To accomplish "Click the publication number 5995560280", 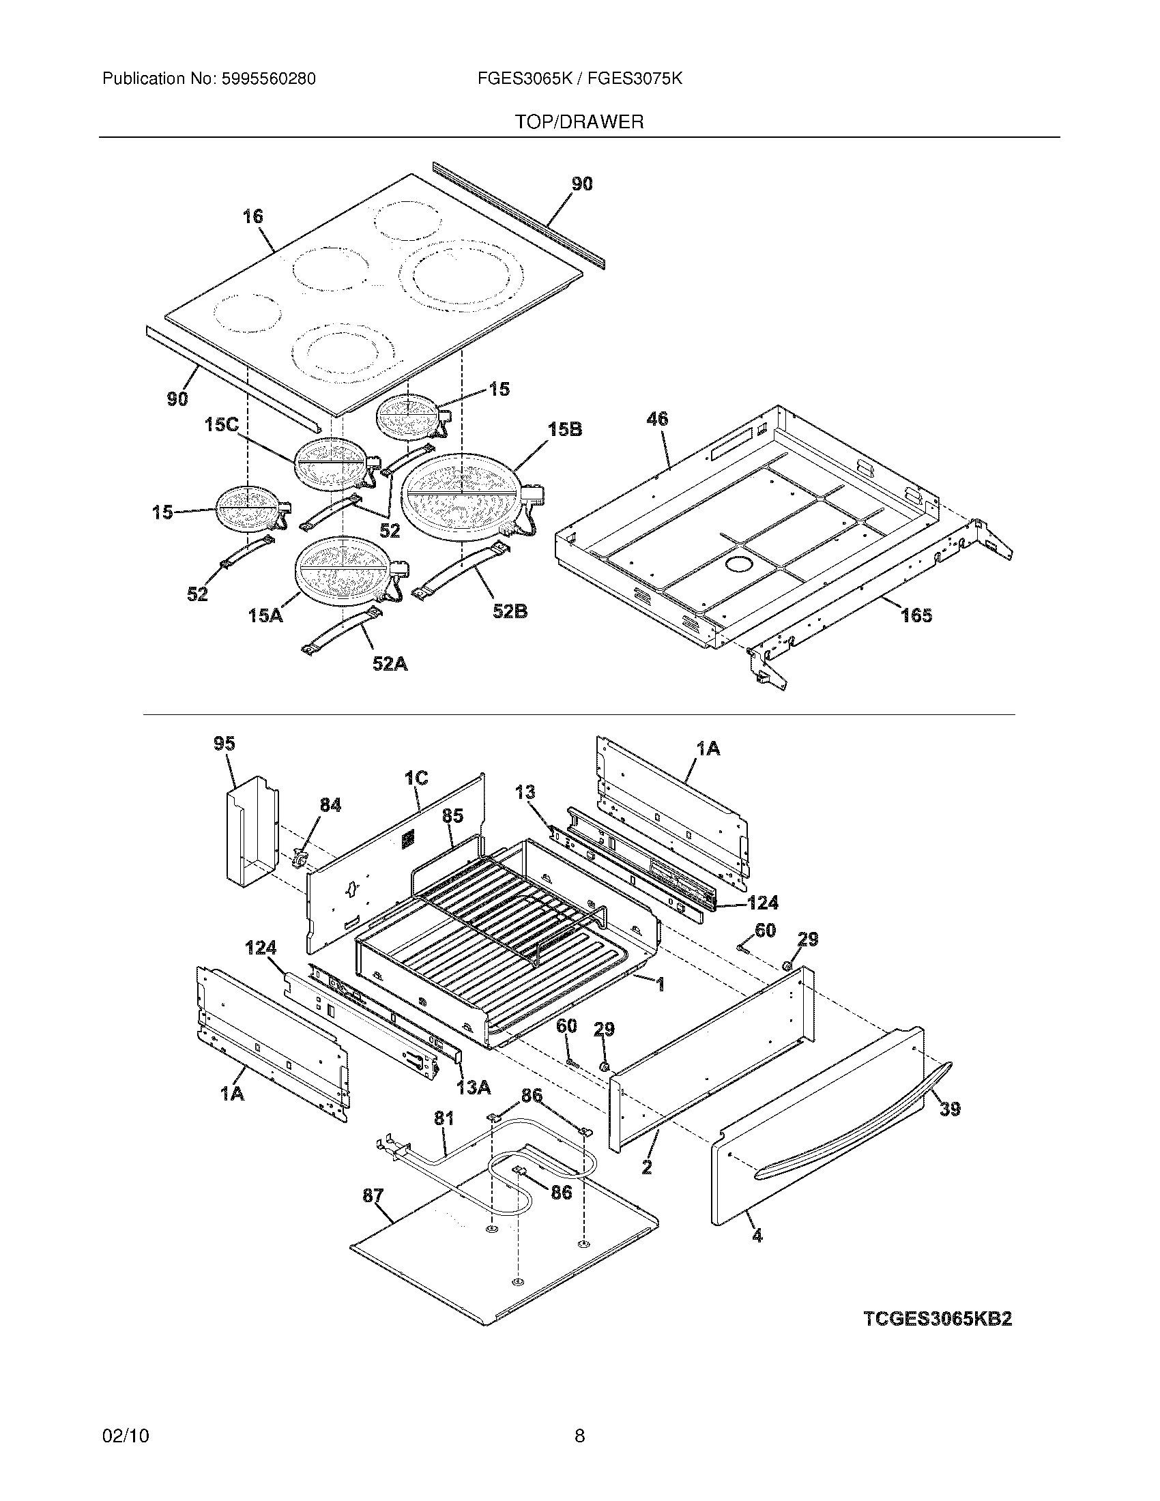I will tap(269, 79).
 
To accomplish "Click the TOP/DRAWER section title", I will tap(579, 122).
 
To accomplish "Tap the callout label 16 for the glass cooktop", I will tap(253, 216).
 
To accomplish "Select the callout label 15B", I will tap(565, 430).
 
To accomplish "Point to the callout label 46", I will tap(657, 418).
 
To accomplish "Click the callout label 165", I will tap(916, 615).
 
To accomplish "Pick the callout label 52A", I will tap(390, 664).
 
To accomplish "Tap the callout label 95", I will tap(224, 744).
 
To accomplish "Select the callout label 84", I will tap(330, 805).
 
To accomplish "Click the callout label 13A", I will tap(474, 1088).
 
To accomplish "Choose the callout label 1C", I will tap(416, 778).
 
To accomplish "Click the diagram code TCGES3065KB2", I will tap(938, 1319).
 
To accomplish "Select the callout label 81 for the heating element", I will tap(444, 1118).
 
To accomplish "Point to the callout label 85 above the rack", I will tap(452, 815).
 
